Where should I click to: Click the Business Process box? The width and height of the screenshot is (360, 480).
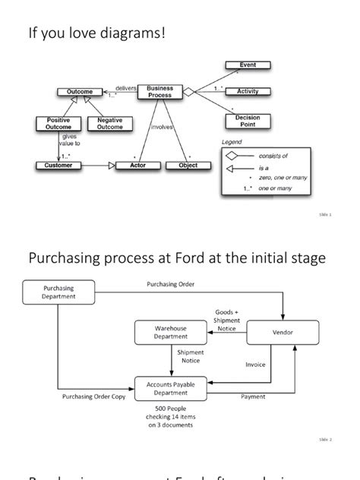[x=159, y=92]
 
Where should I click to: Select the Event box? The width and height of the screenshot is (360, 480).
[x=248, y=65]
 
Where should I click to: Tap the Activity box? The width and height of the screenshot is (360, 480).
[x=248, y=91]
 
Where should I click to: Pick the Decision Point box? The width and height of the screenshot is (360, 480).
[x=248, y=122]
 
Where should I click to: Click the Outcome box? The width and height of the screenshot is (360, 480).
[x=80, y=92]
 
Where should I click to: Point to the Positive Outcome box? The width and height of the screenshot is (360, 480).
[x=58, y=123]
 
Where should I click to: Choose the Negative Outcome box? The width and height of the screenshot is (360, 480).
[x=109, y=123]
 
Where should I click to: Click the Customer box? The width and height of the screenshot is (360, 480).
[x=58, y=165]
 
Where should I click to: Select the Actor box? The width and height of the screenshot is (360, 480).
[x=138, y=165]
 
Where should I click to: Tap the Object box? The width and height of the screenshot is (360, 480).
[x=188, y=165]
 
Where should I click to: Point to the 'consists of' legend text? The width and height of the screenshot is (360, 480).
[x=273, y=156]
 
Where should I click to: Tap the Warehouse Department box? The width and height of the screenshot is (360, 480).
[x=170, y=332]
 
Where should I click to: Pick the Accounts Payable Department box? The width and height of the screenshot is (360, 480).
[x=170, y=389]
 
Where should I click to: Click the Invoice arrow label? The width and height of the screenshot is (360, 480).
[x=256, y=365]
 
